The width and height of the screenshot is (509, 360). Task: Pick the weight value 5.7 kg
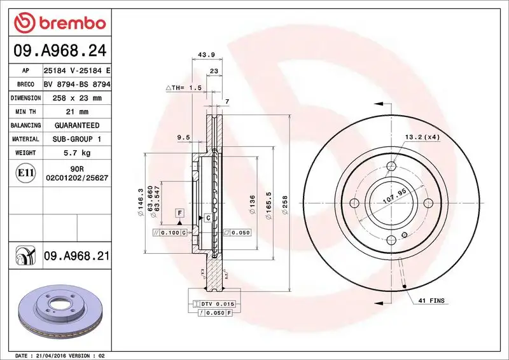click(76, 153)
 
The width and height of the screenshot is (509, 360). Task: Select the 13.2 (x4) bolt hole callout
click(422, 136)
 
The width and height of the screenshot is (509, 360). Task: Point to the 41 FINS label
click(432, 300)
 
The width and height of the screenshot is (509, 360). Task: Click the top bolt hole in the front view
click(392, 167)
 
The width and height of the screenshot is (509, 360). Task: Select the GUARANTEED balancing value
click(76, 125)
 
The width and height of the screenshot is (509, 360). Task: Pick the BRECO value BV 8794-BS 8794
click(76, 84)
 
